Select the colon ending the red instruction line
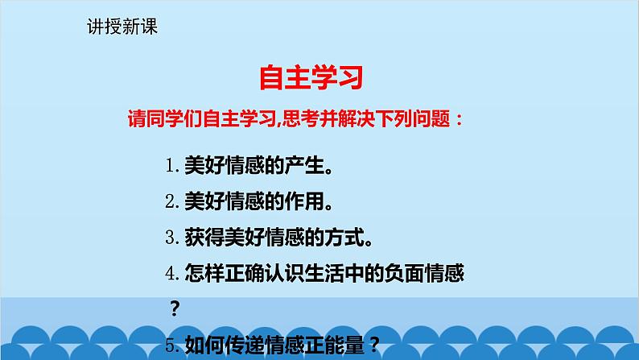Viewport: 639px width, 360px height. pos(459,120)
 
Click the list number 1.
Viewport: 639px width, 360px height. pos(171,166)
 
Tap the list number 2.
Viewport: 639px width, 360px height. pos(171,201)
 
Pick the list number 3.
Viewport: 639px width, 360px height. pos(171,238)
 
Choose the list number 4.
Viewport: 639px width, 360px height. pos(171,274)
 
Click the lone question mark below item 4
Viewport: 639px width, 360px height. pos(175,309)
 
